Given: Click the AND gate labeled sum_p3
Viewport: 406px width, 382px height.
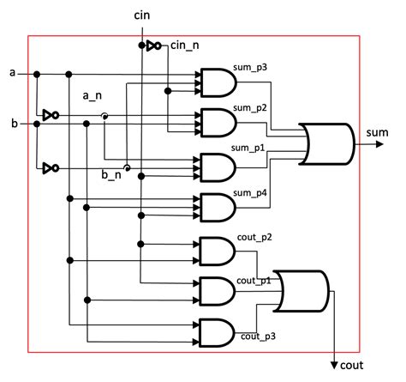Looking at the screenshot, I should coord(217,82).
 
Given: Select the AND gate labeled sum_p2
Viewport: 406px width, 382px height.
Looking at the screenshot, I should coord(217,123).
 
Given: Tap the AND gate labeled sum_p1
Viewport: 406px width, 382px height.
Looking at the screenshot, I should coord(217,165).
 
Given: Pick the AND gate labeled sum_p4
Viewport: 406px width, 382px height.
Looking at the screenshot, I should coord(217,207).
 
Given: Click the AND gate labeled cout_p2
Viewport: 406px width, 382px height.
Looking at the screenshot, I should coord(217,251).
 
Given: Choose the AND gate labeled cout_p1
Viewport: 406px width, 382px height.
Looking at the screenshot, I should coord(217,292).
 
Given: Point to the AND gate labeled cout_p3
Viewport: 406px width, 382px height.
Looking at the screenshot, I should coord(217,331).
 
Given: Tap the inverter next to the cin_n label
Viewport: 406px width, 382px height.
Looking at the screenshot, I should coord(153,45).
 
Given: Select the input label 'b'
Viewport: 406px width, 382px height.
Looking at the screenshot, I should coord(12,124).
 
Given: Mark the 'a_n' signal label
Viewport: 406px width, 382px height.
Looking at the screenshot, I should coord(93,97).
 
